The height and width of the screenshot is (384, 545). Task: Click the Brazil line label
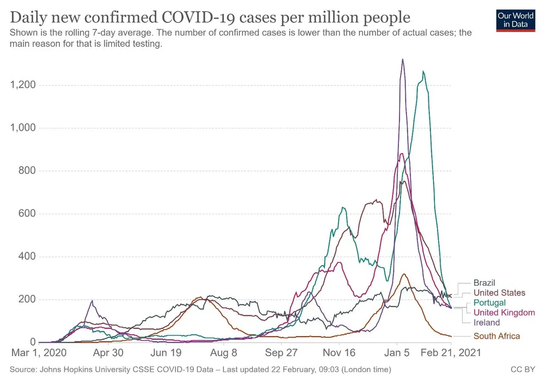pyautogui.click(x=484, y=283)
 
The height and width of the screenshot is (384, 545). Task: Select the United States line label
pyautogui.click(x=499, y=292)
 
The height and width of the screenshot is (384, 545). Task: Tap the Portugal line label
pyautogui.click(x=489, y=302)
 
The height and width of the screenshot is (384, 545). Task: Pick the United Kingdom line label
pyautogui.click(x=504, y=313)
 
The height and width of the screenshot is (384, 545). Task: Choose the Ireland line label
pyautogui.click(x=487, y=322)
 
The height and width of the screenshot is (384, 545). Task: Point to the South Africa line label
pyautogui.click(x=496, y=336)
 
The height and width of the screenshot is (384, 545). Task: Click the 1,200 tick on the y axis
pyautogui.click(x=23, y=85)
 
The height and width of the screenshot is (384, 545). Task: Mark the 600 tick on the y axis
pyautogui.click(x=27, y=214)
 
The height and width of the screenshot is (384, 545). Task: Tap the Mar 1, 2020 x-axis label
pyautogui.click(x=37, y=353)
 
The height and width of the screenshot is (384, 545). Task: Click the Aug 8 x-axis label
pyautogui.click(x=223, y=353)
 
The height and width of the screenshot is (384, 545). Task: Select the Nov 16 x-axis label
pyautogui.click(x=338, y=353)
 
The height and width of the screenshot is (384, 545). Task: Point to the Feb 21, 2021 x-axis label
pyautogui.click(x=451, y=353)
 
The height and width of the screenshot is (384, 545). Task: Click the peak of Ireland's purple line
pyautogui.click(x=402, y=59)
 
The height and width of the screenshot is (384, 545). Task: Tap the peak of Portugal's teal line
pyautogui.click(x=423, y=71)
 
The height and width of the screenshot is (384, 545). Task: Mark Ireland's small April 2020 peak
pyautogui.click(x=92, y=301)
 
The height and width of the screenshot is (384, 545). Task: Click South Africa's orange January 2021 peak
pyautogui.click(x=403, y=274)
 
